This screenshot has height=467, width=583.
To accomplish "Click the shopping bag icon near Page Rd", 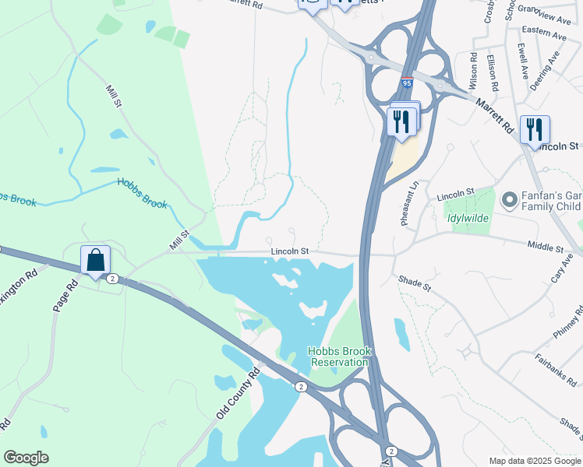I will (x=95, y=261).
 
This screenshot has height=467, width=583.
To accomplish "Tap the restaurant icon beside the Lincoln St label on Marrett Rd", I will (x=535, y=129).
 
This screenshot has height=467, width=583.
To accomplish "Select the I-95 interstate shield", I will (x=408, y=82).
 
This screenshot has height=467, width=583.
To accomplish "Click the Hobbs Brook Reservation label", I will (x=339, y=356).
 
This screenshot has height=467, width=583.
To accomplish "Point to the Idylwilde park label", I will (x=468, y=218).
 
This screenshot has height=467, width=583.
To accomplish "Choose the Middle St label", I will (x=545, y=248).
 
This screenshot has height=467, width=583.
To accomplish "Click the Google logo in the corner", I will (x=26, y=458).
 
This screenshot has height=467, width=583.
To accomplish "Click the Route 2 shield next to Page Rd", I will (x=113, y=279).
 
